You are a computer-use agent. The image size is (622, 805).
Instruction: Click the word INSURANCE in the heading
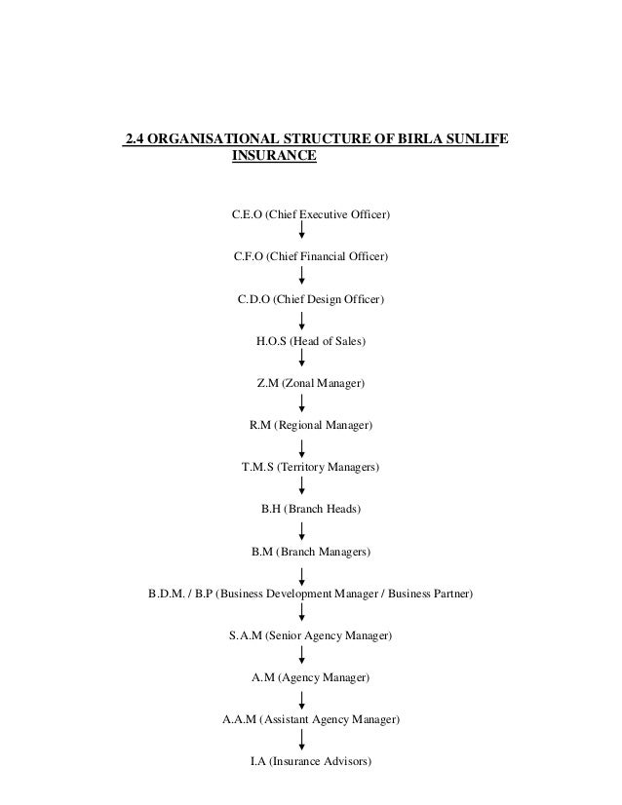[273, 155]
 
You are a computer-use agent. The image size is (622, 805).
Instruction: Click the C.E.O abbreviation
[247, 213]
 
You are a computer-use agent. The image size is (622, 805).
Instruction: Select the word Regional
[302, 426]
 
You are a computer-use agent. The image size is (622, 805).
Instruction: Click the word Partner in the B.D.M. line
[447, 594]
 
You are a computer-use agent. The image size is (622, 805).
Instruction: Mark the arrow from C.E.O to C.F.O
[303, 232]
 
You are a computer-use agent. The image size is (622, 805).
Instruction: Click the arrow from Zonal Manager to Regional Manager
[303, 403]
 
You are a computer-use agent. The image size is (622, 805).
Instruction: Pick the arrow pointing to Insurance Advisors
[303, 741]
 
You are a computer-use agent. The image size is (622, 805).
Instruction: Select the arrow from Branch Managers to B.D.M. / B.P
[303, 573]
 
